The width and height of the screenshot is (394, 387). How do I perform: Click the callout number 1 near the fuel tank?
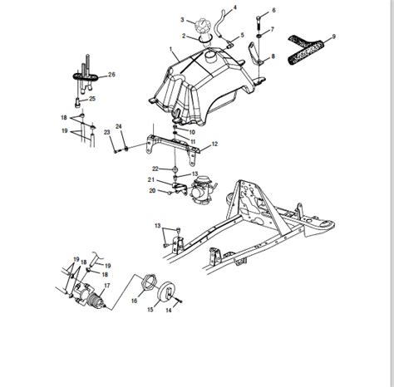(x=173, y=51)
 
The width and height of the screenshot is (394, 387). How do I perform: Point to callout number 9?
(x=333, y=37)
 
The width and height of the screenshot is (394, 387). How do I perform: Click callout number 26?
(x=112, y=75)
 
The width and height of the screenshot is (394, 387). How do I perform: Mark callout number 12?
(x=214, y=145)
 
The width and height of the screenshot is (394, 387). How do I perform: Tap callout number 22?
(x=166, y=169)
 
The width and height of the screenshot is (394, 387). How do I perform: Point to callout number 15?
(x=150, y=309)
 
